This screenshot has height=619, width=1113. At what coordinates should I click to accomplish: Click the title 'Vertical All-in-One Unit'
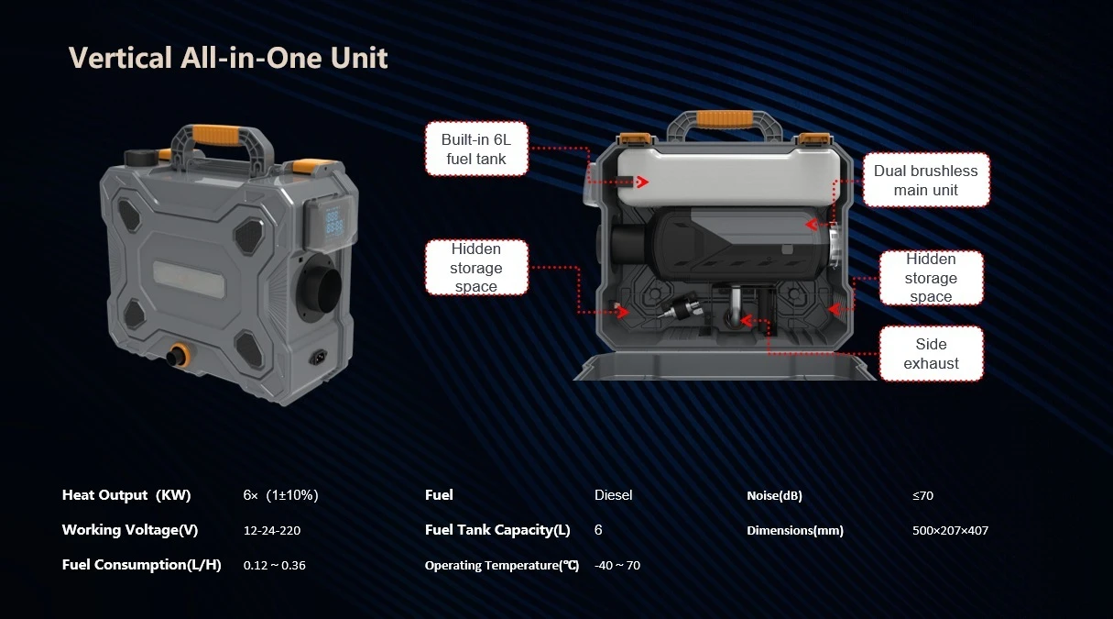(x=227, y=58)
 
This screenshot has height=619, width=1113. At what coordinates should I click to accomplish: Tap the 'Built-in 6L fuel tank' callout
(x=476, y=149)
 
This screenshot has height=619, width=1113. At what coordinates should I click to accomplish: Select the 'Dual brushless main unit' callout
(x=926, y=180)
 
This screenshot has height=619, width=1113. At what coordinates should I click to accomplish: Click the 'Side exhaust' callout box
(x=931, y=354)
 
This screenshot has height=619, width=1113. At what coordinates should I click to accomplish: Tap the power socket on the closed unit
(x=319, y=357)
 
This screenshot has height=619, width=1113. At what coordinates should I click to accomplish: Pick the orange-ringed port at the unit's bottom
(x=178, y=355)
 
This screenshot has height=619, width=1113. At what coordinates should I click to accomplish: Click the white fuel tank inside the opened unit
(x=728, y=178)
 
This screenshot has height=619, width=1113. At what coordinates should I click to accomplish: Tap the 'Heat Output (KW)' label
(x=126, y=495)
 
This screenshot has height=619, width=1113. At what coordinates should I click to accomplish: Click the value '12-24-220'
(x=272, y=530)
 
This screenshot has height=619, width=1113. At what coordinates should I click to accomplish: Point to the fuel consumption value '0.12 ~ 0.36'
(x=274, y=565)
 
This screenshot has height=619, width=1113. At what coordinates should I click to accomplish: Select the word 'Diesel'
(x=613, y=495)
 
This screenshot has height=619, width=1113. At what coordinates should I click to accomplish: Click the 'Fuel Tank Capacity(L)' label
(x=497, y=530)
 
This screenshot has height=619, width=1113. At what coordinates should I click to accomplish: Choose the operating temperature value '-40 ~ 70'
(x=617, y=565)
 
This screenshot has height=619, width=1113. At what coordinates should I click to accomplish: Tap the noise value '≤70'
(x=922, y=495)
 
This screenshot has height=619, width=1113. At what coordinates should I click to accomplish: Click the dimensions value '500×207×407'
(x=950, y=530)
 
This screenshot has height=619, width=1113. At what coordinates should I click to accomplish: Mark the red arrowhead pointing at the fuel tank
(x=642, y=182)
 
